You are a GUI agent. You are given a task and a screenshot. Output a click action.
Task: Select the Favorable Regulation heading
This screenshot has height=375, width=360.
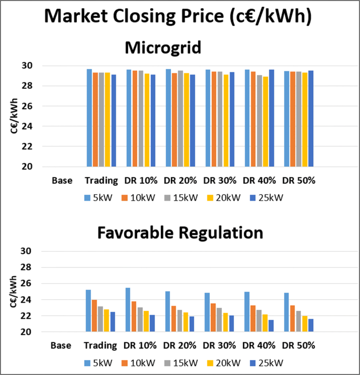[x=179, y=232]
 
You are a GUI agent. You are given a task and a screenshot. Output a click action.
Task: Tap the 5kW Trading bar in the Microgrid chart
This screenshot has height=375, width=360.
[x=89, y=118]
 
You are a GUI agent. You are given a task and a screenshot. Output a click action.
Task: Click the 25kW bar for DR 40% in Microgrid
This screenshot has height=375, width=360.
[x=271, y=118]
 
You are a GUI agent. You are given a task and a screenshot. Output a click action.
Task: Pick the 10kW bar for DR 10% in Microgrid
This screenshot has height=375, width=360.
[x=135, y=118]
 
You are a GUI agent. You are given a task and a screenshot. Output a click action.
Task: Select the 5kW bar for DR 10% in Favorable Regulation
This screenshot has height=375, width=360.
[x=128, y=310]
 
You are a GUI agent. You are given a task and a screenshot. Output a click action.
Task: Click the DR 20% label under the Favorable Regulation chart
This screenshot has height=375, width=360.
[x=180, y=346]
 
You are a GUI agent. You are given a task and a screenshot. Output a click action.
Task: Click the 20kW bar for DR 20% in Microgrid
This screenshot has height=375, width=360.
[x=186, y=120]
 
